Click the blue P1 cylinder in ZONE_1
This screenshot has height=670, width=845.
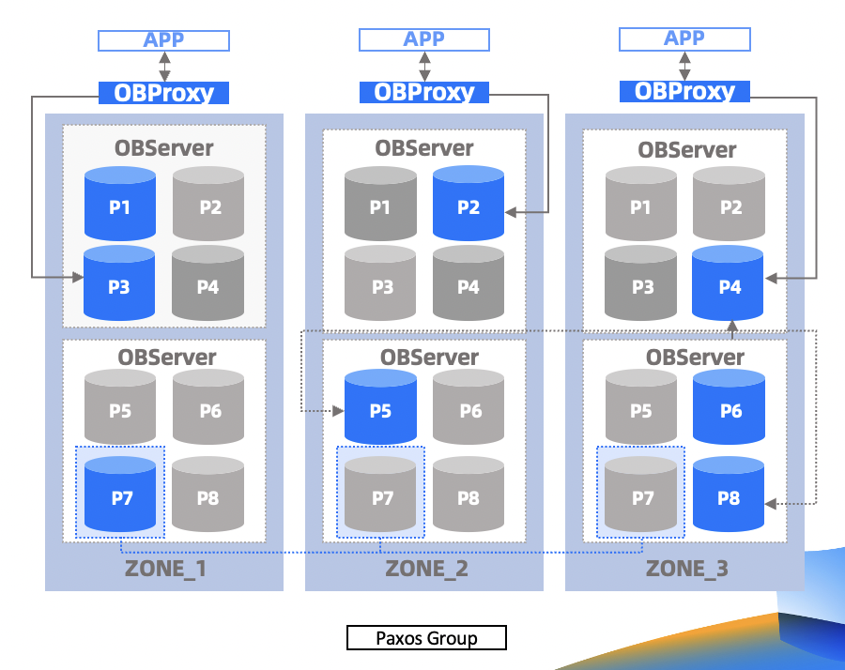120,203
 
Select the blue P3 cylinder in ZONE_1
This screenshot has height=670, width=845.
119,282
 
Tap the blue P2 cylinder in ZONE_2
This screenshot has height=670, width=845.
469,203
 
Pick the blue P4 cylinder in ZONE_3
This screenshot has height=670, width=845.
728,282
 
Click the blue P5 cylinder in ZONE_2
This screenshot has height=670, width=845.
380,406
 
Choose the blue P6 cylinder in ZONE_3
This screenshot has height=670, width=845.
729,406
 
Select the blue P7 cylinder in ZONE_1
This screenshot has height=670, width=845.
120,494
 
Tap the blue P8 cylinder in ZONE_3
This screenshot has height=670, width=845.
728,494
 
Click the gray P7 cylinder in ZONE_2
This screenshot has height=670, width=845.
380,494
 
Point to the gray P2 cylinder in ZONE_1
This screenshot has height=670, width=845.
208,203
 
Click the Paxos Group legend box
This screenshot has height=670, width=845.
426,638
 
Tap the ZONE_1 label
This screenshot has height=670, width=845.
165,569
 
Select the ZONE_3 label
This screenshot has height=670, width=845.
687,569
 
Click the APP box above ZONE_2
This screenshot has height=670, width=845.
424,39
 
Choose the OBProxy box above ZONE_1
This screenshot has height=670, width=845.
163,93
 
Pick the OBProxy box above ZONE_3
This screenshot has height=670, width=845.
684,91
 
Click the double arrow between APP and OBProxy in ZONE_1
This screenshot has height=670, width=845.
164,67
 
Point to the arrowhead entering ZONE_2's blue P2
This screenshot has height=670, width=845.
511,212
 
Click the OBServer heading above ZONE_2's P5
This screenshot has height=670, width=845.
429,358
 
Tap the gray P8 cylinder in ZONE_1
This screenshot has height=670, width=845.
208,494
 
